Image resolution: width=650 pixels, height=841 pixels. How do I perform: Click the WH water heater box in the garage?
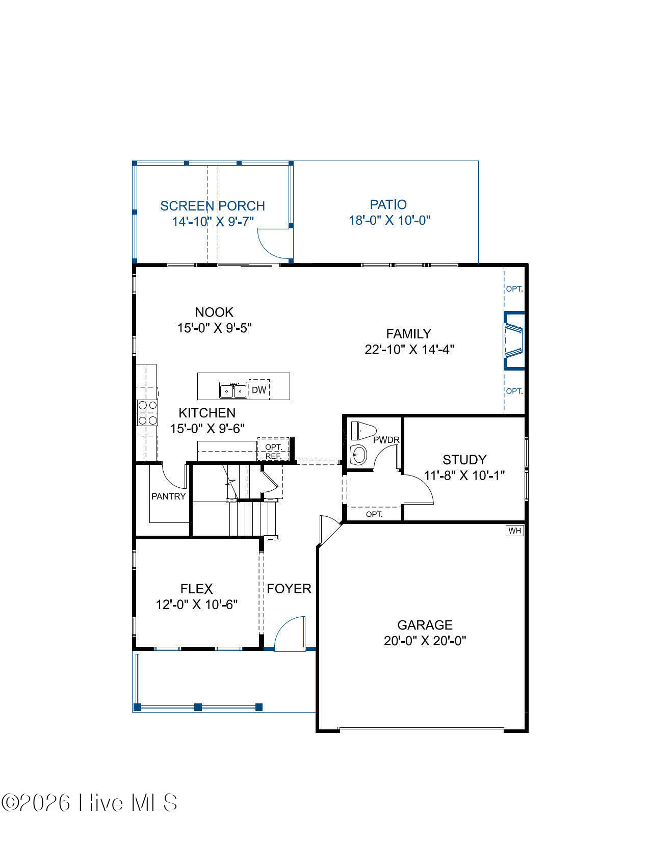[x=514, y=531]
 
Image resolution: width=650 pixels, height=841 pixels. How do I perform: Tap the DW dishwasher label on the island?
[x=258, y=390]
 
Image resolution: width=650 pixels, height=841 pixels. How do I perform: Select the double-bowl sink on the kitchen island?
[x=233, y=390]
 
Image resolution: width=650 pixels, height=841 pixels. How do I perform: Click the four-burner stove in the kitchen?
[x=147, y=412]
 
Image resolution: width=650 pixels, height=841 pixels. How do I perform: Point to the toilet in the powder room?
[x=363, y=431]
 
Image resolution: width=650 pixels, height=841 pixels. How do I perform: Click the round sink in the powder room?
[x=359, y=455]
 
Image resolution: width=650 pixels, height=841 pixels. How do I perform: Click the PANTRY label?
[x=168, y=496]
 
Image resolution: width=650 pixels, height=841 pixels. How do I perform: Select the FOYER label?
[x=289, y=589]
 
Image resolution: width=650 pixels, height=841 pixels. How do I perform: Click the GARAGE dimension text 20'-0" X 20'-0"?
[x=425, y=641]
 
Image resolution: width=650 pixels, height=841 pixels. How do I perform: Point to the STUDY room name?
[x=464, y=460]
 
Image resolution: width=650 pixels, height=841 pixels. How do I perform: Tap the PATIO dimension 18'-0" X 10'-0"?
[x=389, y=220]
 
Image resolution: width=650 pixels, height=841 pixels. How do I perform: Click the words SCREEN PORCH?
[x=213, y=206]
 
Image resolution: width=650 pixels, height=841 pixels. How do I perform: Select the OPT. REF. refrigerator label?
[x=273, y=452]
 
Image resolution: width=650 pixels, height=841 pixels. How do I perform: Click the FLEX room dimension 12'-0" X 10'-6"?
[x=197, y=605]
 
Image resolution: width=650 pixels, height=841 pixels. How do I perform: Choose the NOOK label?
[x=214, y=312]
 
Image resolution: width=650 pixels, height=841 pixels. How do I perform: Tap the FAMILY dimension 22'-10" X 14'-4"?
[x=409, y=350]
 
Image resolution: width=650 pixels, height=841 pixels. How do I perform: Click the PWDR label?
[x=386, y=440]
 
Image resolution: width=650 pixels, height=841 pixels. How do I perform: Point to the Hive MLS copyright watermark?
[x=90, y=803]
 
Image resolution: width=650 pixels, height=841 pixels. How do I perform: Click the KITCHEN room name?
[x=207, y=413]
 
